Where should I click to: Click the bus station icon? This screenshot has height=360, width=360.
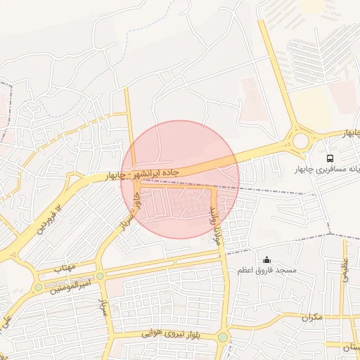(330, 157)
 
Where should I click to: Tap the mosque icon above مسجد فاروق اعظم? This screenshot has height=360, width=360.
(266, 260)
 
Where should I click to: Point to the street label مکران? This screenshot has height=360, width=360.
(310, 317)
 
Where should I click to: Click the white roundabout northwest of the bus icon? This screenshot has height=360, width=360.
(301, 141)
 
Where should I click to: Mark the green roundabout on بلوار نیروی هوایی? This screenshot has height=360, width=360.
(223, 337)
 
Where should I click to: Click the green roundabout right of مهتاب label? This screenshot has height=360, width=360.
(100, 276)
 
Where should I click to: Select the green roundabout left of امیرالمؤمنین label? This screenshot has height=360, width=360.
(38, 288)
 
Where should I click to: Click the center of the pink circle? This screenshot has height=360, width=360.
(180, 179)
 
